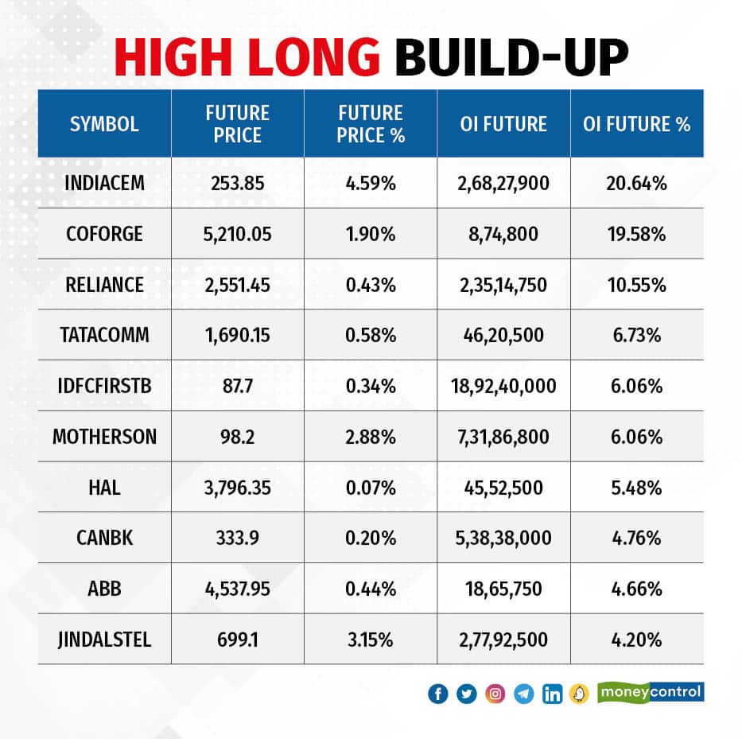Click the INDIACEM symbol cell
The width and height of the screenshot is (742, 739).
pos(104,183)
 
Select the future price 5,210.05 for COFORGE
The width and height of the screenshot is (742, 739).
pos(237,234)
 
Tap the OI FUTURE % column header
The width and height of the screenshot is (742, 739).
pos(636,124)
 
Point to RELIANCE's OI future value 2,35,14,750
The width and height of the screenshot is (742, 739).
pos(503,285)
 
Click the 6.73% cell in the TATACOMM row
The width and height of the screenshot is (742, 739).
pos(636,336)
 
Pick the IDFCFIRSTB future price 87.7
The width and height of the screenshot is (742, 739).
pos(237,387)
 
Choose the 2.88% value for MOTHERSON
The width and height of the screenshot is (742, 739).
pos(370,437)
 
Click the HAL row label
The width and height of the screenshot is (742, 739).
pos(104,488)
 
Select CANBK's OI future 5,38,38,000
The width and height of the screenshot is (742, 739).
pos(503,539)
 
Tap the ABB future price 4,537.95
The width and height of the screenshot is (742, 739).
pos(237,589)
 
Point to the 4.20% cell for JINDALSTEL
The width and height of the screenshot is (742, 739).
pos(636,640)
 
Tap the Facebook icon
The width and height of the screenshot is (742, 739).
pos(437,694)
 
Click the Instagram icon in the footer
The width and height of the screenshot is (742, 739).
pos(495,694)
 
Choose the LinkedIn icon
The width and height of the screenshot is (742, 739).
pos(552,694)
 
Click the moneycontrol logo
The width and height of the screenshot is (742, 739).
pos(650,692)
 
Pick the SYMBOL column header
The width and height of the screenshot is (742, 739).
pos(104,124)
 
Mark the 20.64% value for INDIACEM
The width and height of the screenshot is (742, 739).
pos(636,183)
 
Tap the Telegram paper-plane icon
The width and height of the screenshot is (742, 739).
pos(523,694)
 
